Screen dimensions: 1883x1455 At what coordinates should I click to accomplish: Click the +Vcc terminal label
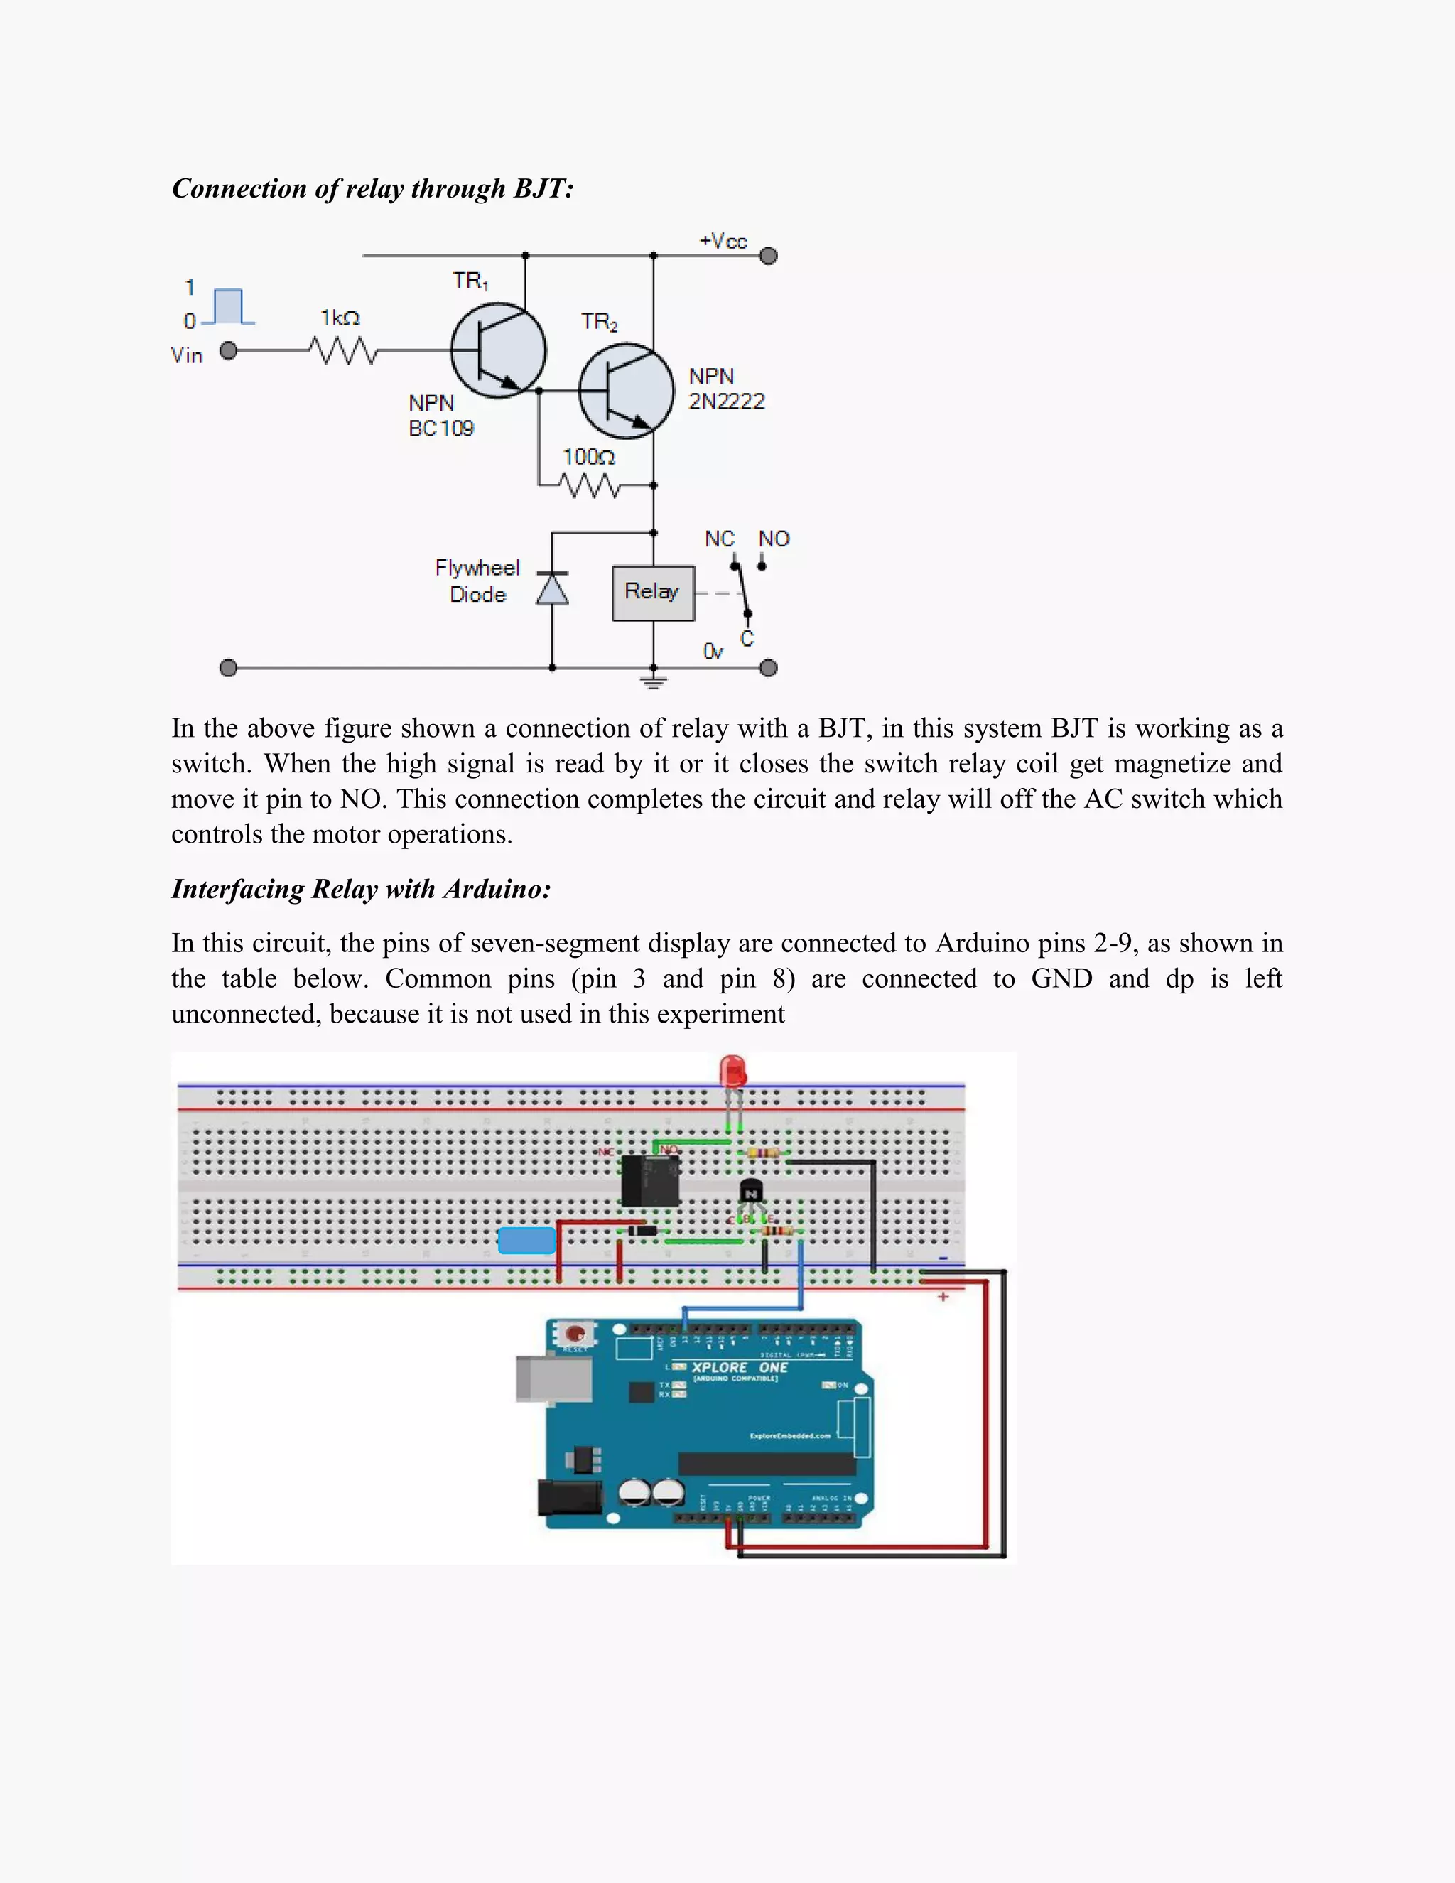(x=723, y=242)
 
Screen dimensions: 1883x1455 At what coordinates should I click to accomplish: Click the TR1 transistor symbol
(x=498, y=350)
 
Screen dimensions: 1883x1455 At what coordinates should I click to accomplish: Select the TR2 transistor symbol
(x=626, y=391)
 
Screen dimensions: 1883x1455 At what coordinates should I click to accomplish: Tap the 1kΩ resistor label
(x=340, y=318)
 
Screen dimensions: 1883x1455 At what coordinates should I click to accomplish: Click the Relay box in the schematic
(x=652, y=593)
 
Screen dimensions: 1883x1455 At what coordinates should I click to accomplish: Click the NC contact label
(x=719, y=539)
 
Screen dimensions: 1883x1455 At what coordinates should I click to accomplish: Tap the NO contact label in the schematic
(x=773, y=539)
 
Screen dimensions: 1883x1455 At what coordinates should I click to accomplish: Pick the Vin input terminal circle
(x=229, y=351)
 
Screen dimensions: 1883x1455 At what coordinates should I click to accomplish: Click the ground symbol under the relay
(x=654, y=683)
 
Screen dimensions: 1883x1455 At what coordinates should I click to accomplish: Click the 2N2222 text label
(x=726, y=401)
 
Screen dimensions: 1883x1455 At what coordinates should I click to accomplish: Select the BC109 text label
(x=440, y=428)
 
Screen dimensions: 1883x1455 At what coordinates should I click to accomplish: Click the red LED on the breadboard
(x=732, y=1072)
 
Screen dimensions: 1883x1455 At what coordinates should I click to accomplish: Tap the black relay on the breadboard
(x=650, y=1180)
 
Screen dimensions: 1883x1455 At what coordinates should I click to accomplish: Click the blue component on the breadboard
(x=526, y=1241)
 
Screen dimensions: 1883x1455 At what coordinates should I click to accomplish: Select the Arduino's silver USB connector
(x=554, y=1378)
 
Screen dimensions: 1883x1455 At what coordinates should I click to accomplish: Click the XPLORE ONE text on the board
(x=739, y=1367)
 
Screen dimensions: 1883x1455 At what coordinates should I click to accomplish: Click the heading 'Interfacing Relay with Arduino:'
(x=360, y=889)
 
